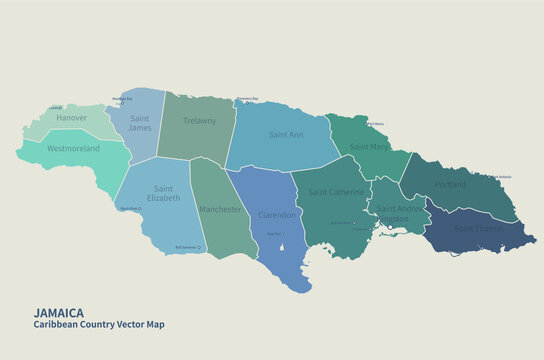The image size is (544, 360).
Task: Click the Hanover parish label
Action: point(72,118)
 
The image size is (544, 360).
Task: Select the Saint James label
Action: point(140,122)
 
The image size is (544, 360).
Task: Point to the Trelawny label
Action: point(200,121)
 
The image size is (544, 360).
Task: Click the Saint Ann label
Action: point(287,133)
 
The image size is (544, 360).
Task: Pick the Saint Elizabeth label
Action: point(164,193)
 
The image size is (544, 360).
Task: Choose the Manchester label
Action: point(219,209)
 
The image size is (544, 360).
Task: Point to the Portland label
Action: point(450,184)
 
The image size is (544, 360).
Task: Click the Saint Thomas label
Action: point(478,229)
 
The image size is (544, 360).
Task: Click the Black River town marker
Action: point(141,209)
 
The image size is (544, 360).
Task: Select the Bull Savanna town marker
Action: point(200,247)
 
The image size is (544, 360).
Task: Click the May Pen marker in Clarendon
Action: point(282,236)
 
